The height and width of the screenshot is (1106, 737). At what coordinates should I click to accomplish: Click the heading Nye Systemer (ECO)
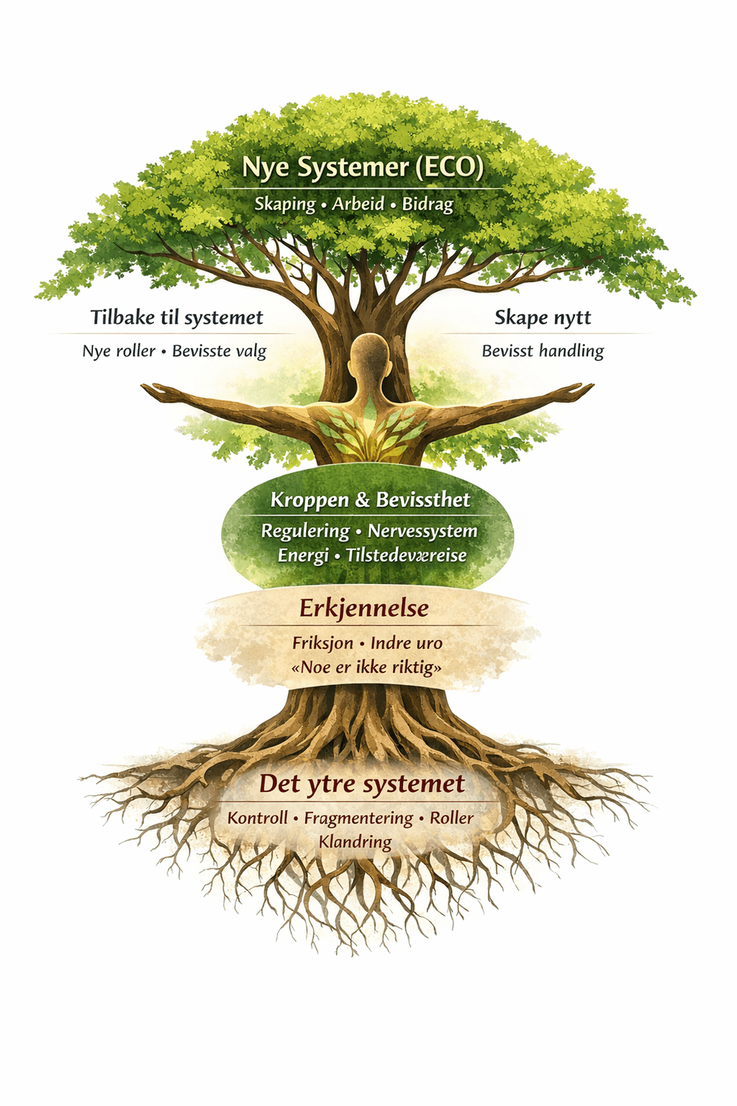tap(363, 167)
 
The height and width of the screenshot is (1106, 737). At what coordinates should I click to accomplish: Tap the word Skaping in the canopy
tap(284, 204)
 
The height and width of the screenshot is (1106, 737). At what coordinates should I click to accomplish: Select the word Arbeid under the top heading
tap(358, 204)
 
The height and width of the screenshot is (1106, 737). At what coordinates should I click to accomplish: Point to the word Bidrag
tap(427, 204)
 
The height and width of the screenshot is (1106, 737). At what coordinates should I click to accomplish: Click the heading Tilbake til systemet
tap(177, 318)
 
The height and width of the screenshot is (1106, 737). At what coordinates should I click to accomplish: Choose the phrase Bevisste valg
tap(219, 352)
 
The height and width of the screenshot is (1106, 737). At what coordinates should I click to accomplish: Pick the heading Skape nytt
tap(542, 318)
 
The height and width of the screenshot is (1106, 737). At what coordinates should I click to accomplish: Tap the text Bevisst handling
tap(542, 352)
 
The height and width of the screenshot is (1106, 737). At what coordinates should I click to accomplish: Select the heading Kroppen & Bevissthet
tap(370, 500)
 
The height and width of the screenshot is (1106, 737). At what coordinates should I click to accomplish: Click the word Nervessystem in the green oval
tap(422, 531)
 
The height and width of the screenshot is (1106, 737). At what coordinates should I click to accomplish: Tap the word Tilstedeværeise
tap(406, 555)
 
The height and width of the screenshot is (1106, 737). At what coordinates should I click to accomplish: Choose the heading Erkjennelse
tap(364, 608)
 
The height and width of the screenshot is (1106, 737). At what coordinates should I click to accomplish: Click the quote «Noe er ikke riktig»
tap(367, 667)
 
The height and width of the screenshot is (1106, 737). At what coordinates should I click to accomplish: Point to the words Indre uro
tap(406, 643)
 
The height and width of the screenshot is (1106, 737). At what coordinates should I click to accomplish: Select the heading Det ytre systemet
tap(362, 784)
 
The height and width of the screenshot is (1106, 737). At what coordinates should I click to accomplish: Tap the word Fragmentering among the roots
tap(358, 818)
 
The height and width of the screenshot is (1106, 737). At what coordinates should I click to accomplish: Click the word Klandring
tap(354, 842)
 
